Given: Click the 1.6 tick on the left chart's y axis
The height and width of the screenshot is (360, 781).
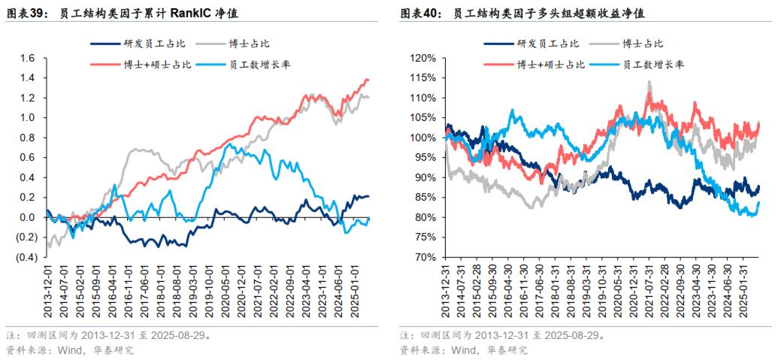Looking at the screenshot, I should [28, 58].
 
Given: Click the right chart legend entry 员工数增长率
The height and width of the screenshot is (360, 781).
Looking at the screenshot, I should [649, 65].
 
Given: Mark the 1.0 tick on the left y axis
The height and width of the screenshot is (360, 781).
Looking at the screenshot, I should [28, 118].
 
